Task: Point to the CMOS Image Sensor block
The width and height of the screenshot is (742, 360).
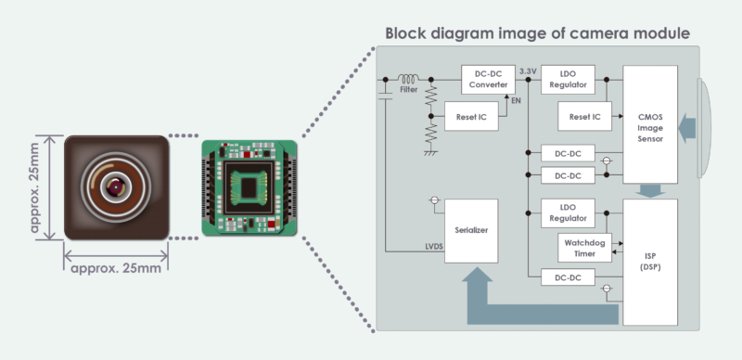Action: tap(650, 124)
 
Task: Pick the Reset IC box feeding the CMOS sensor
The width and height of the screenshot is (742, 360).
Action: tap(583, 117)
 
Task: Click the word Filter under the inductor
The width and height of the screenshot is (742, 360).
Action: tap(409, 90)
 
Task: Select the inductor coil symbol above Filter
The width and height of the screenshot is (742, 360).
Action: tap(408, 78)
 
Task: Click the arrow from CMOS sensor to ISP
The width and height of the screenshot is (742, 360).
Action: tap(650, 190)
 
